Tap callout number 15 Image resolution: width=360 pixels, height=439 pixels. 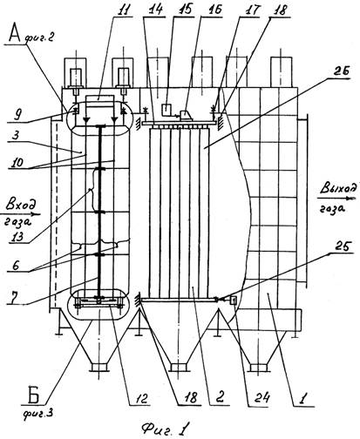[x=184, y=9]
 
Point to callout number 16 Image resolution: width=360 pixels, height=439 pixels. [x=214, y=9]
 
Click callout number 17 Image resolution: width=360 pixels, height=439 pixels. [x=252, y=10]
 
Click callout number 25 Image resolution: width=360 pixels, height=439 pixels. [x=343, y=247]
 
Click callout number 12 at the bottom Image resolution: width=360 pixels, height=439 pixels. [x=142, y=399]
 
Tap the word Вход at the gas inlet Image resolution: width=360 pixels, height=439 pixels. [x=21, y=205]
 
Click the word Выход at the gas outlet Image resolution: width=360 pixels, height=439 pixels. [x=337, y=189]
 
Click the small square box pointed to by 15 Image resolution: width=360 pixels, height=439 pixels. [x=166, y=109]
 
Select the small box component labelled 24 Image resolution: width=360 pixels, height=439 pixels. [x=234, y=300]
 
